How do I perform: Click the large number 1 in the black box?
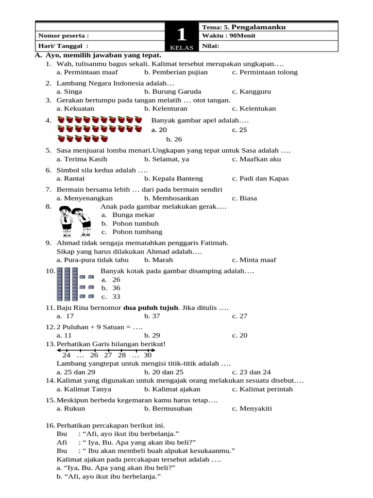tap(181, 35)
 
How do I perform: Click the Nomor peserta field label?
tap(64, 36)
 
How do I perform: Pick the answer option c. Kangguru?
tap(252, 91)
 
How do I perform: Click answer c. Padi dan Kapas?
tap(260, 178)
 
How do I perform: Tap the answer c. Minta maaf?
tap(254, 260)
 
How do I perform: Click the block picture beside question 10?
tap(75, 284)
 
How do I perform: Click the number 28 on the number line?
tap(121, 355)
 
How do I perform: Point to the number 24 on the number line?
tap(66, 355)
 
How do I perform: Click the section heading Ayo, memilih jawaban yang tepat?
tap(103, 56)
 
